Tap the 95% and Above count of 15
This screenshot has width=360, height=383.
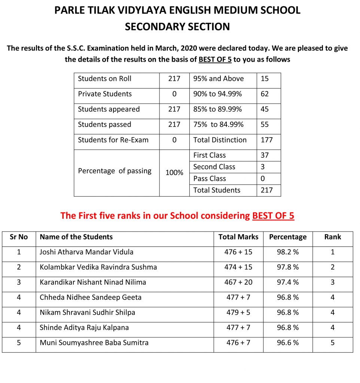point(265,79)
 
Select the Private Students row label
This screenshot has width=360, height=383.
point(105,94)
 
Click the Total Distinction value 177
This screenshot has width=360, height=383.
point(267,140)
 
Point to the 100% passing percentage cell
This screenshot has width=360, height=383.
point(174,172)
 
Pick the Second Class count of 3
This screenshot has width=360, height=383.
point(263,167)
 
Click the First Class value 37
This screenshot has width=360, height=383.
point(265,155)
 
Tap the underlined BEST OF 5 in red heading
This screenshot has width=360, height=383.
point(273,216)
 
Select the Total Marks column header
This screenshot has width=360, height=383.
point(238,237)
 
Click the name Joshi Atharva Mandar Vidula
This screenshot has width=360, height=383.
point(86,252)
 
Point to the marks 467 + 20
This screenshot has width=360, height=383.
point(238,282)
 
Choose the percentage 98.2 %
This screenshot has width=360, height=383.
point(288,252)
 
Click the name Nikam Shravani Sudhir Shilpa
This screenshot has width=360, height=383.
point(88,312)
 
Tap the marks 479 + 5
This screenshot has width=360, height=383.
point(238,312)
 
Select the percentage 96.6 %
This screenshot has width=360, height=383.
point(288,343)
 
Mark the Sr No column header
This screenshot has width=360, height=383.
point(19,237)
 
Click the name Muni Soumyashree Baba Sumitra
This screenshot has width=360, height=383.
point(94,343)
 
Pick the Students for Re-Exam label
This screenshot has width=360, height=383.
point(113,140)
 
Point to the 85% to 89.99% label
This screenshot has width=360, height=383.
point(217,109)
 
